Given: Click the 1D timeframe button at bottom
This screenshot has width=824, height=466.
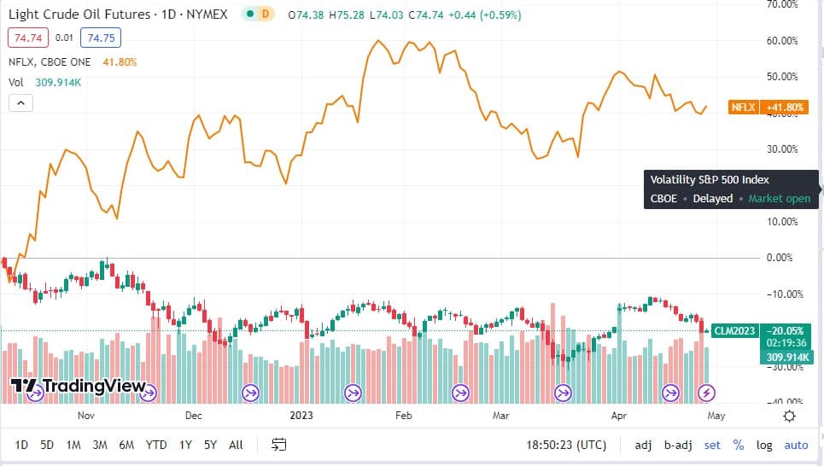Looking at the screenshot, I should (x=22, y=445).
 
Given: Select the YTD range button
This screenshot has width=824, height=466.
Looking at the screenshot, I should (x=156, y=445).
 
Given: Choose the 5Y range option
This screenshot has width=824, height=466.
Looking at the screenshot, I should (x=210, y=445).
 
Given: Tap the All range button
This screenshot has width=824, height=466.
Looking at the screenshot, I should (x=237, y=445).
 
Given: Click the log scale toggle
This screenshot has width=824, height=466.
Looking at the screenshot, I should (x=764, y=445).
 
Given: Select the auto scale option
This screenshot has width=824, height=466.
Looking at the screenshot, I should (x=796, y=445).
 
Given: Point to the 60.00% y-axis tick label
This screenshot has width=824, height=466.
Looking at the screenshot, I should (x=783, y=40).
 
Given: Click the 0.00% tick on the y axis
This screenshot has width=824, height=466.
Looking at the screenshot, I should (x=783, y=258).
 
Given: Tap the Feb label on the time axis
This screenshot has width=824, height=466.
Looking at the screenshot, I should (x=403, y=416).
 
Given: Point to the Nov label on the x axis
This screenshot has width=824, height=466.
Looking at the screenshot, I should (x=85, y=416).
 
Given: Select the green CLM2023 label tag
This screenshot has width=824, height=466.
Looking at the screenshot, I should (x=735, y=331).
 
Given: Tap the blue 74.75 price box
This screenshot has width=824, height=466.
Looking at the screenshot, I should (x=102, y=38).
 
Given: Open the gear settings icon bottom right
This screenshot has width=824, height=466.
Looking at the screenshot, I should (x=789, y=416).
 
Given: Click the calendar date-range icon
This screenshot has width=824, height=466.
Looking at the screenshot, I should (x=278, y=445).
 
